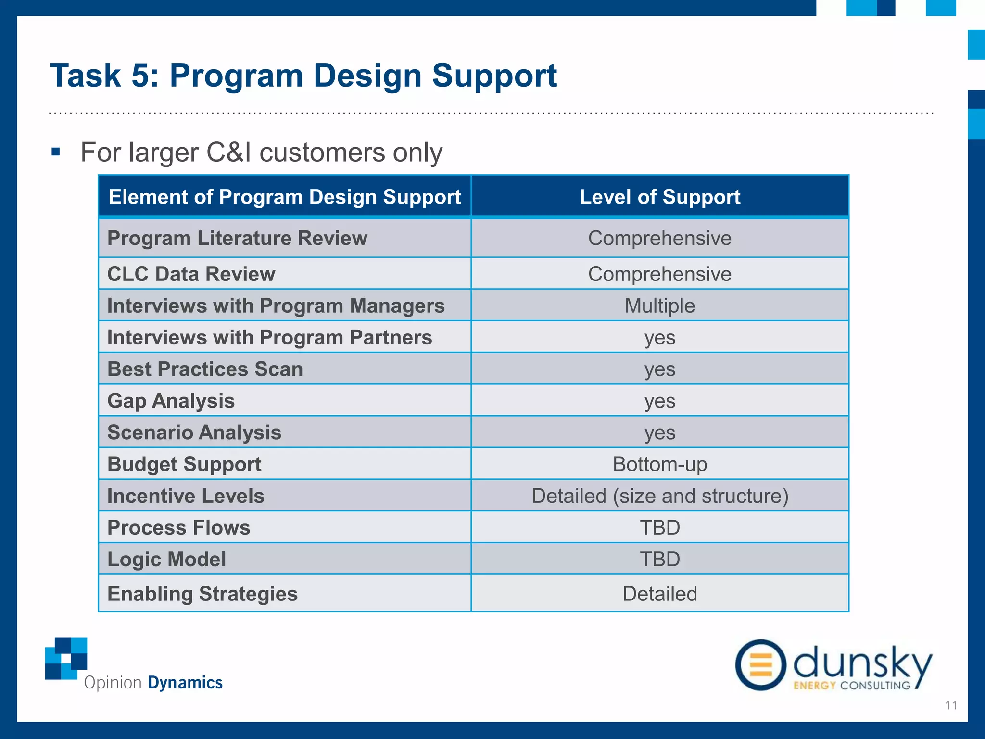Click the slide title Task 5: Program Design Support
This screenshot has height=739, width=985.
[x=303, y=76]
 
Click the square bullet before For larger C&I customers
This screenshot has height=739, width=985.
[x=56, y=153]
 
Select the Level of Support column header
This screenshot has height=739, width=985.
[x=659, y=197]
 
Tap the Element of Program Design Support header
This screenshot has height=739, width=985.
[x=284, y=197]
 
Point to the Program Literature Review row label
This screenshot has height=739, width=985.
[x=237, y=238]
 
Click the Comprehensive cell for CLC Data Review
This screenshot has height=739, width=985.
[x=659, y=274]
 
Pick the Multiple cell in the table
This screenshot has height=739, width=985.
[x=659, y=306]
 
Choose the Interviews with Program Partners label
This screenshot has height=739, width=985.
[x=269, y=337]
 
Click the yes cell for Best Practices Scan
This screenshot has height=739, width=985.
[x=659, y=369]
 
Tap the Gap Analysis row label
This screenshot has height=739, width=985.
[x=171, y=401]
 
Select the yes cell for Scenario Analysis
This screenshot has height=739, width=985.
[x=659, y=433]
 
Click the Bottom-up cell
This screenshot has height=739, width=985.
[x=659, y=464]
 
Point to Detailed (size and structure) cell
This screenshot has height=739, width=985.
[x=659, y=496]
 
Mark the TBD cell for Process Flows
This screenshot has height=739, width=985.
[x=659, y=528]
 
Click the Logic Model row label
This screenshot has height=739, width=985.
[x=166, y=559]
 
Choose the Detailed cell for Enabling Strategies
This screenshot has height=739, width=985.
[x=659, y=594]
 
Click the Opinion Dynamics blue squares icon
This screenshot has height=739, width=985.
[x=66, y=658]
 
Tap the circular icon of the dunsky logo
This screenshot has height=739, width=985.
[x=760, y=665]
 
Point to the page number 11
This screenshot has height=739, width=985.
[x=951, y=705]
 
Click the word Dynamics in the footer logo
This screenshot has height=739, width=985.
[x=185, y=683]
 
